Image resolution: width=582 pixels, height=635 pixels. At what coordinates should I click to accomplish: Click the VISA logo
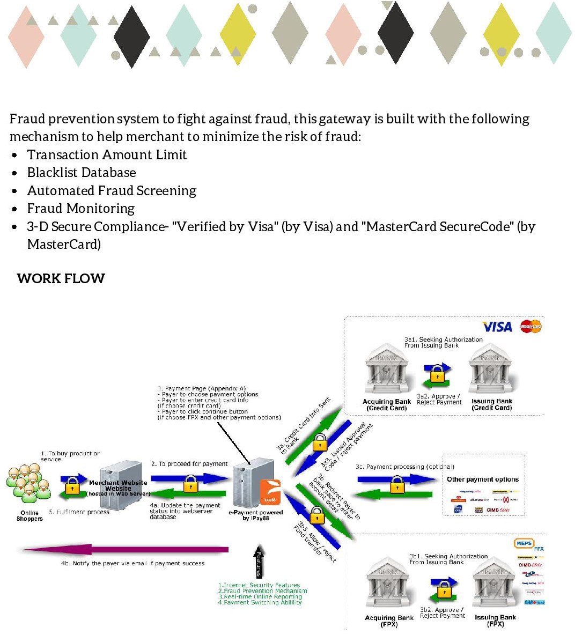click(x=497, y=327)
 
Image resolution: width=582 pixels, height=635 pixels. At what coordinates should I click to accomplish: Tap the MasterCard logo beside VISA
click(x=531, y=326)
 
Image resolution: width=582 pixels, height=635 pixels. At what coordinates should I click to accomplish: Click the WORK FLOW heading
click(x=61, y=278)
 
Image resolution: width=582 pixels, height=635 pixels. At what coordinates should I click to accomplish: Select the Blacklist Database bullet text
click(x=82, y=173)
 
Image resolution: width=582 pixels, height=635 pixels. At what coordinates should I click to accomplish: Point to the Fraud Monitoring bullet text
click(x=81, y=209)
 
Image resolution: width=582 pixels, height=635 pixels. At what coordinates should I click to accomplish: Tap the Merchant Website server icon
click(x=118, y=485)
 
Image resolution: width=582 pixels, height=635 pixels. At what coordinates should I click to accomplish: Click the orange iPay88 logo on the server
click(x=270, y=492)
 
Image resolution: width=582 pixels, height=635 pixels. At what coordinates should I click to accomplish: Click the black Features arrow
click(x=259, y=565)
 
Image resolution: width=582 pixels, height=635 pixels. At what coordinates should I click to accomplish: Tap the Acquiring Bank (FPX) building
click(x=389, y=587)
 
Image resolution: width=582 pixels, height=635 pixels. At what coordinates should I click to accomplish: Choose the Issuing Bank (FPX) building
click(x=494, y=587)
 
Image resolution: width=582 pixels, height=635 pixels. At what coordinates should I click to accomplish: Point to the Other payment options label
click(x=483, y=479)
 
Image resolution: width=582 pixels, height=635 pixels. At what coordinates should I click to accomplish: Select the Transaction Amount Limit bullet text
click(x=107, y=155)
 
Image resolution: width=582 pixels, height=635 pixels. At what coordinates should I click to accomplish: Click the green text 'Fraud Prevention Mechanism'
click(x=266, y=591)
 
